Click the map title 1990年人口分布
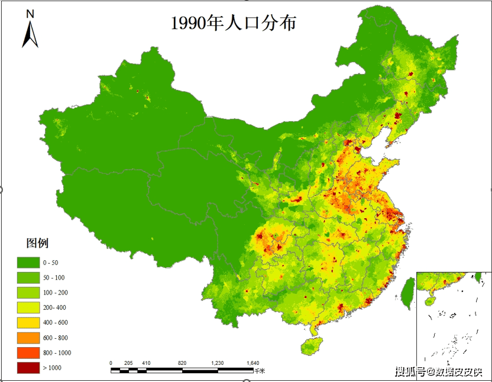tap(233, 23)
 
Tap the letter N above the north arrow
tap(30, 14)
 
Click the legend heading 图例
tap(37, 243)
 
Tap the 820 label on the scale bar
tap(182, 363)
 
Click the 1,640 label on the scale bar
tap(253, 363)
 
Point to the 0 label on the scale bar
tap(111, 363)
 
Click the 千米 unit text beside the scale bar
tap(260, 371)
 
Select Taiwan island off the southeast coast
tap(407, 293)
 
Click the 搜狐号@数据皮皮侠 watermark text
tap(438, 372)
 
